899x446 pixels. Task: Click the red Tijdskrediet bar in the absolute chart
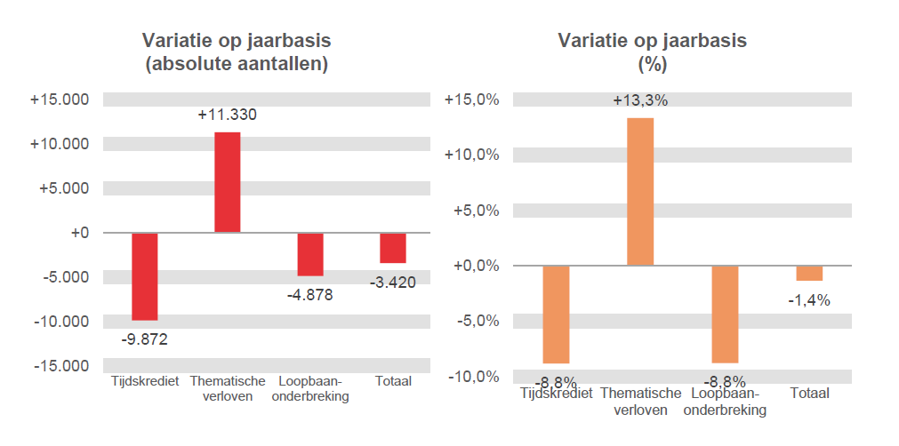coord(145,276)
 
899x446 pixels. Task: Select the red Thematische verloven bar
coord(228,182)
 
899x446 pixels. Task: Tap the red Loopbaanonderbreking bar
coord(310,254)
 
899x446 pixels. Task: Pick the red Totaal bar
coord(393,248)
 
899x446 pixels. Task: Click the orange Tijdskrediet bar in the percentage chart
coord(556,315)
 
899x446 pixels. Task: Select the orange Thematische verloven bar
coord(640,192)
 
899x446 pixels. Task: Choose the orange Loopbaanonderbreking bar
coord(725,315)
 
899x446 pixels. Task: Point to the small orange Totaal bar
coord(809,273)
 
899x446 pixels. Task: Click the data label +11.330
coord(228,115)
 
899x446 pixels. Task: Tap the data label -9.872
coord(144,338)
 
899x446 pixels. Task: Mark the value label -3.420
coord(393,283)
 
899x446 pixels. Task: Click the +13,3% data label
coord(640,100)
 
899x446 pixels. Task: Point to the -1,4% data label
coord(809,300)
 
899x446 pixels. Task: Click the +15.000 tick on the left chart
coord(60,100)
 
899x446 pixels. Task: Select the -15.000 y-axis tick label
coord(61,366)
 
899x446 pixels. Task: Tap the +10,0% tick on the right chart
coord(471,155)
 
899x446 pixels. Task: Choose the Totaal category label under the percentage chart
coord(809,393)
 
